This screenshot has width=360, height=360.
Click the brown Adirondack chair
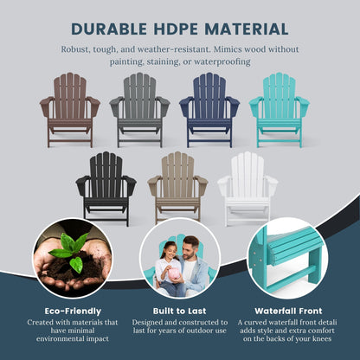point(69,110)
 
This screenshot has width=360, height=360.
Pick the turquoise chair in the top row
point(280,110)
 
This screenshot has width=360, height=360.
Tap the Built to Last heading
point(180,310)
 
